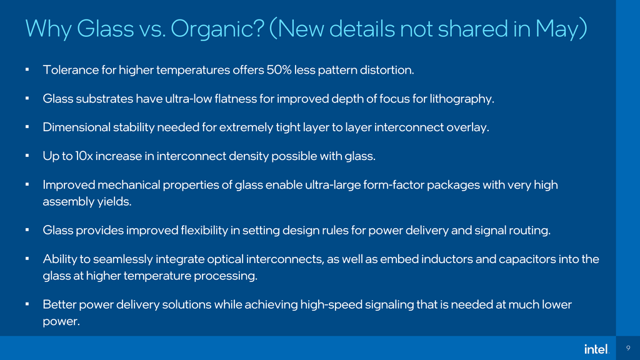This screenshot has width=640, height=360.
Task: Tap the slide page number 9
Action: pyautogui.click(x=627, y=349)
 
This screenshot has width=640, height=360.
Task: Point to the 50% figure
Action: pyautogui.click(x=279, y=70)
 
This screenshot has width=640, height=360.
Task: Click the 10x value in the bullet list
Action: pyautogui.click(x=83, y=156)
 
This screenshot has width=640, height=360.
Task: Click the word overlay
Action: pyautogui.click(x=467, y=127)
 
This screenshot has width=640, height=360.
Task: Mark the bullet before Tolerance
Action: pyautogui.click(x=27, y=69)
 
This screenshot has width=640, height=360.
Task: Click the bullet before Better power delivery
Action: pyautogui.click(x=27, y=304)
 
